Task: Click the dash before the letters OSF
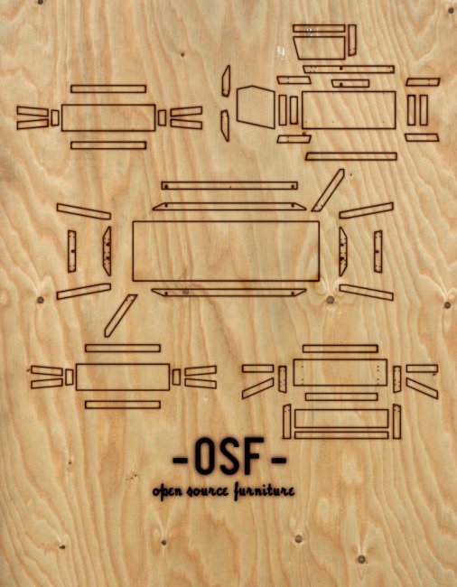182,459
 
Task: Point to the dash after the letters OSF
277,459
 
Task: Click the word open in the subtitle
167,490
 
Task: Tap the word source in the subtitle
207,490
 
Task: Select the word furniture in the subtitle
264,490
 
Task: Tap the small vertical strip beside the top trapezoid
352,41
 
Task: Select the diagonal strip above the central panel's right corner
328,191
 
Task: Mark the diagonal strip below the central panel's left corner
120,315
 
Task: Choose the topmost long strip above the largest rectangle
229,186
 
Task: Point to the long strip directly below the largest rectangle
228,293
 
